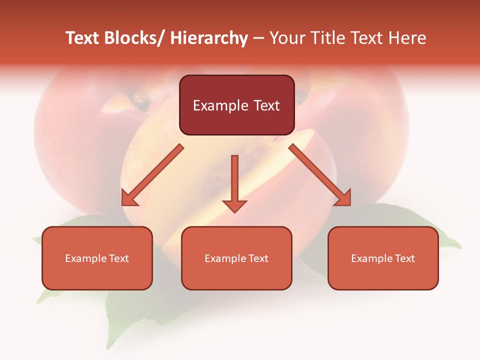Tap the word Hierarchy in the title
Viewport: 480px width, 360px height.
209,38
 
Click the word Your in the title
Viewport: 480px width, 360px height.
287,38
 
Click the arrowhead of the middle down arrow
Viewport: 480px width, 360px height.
234,205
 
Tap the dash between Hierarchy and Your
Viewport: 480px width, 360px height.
258,38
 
